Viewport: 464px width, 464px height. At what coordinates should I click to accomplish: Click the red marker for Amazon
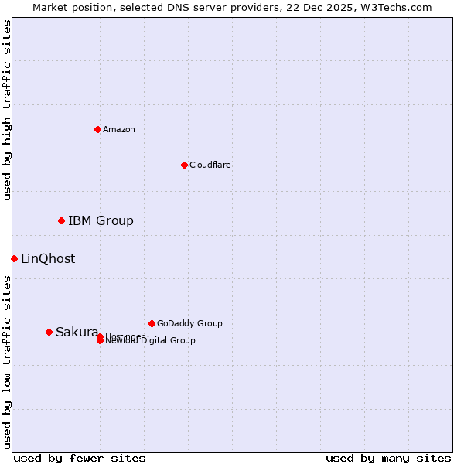[x=97, y=129]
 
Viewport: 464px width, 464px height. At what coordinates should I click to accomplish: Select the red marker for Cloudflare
[x=184, y=165]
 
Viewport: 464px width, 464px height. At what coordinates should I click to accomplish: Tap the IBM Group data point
[x=61, y=221]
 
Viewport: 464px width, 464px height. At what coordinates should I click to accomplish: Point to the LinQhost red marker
[x=14, y=258]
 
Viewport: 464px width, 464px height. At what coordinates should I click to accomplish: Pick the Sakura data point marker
[x=49, y=332]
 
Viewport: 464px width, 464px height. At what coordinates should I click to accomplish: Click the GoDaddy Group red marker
[x=152, y=323]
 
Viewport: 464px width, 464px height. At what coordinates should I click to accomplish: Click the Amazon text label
[x=119, y=129]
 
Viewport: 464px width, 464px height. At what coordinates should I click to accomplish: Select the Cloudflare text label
[x=210, y=165]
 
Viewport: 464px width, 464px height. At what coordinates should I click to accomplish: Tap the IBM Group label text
[x=101, y=221]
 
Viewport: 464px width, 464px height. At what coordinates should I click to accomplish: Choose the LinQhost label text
[x=48, y=259]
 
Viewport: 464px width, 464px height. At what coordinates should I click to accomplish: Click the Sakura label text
[x=77, y=333]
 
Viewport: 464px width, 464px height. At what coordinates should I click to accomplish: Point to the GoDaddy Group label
[x=189, y=323]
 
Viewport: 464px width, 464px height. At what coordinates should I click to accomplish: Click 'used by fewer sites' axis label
[x=80, y=459]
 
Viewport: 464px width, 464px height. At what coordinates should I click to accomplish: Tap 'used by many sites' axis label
[x=388, y=459]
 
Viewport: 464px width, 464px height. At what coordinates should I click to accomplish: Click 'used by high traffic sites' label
[x=7, y=110]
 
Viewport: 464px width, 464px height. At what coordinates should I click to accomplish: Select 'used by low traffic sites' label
[x=7, y=362]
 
